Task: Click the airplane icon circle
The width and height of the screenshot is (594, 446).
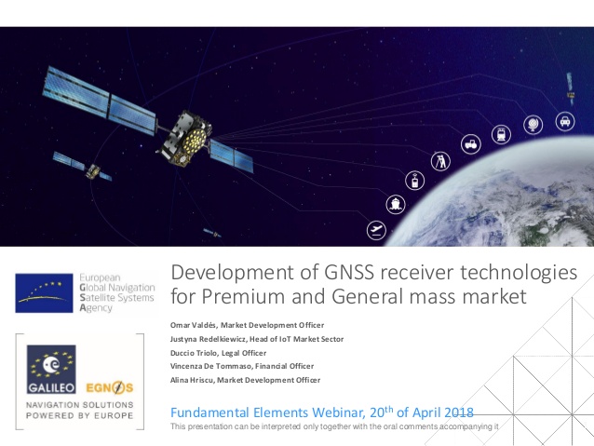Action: (x=376, y=230)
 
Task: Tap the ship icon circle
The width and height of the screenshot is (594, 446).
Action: (x=396, y=204)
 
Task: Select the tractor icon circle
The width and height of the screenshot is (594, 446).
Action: (x=471, y=144)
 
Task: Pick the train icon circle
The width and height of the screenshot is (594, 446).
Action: (x=501, y=134)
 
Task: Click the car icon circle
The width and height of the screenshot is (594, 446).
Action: (x=565, y=121)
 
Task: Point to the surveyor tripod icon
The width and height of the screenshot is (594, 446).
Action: (x=440, y=161)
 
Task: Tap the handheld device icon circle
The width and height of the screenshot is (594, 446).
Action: (x=415, y=181)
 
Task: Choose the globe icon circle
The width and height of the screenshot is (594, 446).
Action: (x=533, y=124)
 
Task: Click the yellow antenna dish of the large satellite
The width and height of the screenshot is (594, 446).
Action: (x=195, y=139)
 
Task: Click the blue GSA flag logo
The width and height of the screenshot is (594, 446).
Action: (x=44, y=293)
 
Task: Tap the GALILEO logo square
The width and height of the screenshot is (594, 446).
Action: (x=51, y=369)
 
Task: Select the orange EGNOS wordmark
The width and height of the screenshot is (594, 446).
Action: (x=110, y=387)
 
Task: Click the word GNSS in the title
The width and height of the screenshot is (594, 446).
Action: (x=348, y=272)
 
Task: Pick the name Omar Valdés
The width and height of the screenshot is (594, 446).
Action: (x=194, y=325)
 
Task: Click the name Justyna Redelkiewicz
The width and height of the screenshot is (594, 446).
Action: (x=209, y=339)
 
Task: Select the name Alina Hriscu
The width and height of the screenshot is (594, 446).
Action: (x=192, y=380)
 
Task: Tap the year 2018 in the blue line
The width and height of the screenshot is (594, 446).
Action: (x=459, y=412)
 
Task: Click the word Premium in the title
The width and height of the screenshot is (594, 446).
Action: (x=243, y=296)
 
